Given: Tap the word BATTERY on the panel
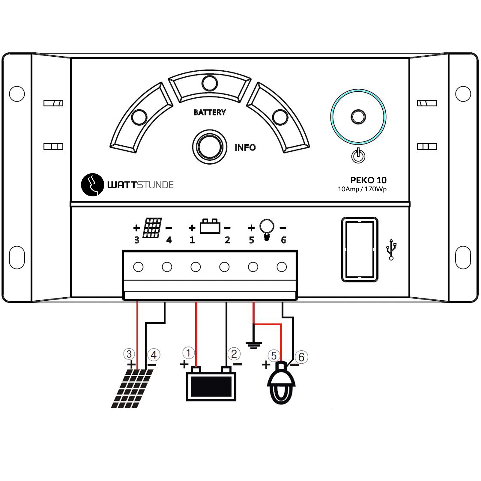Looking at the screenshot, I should [x=210, y=113].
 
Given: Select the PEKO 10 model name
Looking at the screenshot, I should [x=368, y=180].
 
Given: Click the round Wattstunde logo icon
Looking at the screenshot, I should [x=92, y=185].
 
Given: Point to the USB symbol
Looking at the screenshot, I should [x=391, y=249].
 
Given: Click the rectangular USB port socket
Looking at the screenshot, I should [x=360, y=249].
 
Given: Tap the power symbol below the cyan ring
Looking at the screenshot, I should [x=358, y=156].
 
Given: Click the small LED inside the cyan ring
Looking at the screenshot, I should [x=358, y=117].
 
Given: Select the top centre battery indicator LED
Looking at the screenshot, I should [x=210, y=83].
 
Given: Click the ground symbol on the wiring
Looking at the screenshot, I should [x=254, y=345].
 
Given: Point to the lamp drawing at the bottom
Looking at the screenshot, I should [x=281, y=382].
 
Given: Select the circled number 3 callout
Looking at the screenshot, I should [x=129, y=354].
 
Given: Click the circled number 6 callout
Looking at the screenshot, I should [x=301, y=357].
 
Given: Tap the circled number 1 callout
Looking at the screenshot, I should [x=188, y=353].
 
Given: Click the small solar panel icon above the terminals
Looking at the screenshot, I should [x=152, y=228].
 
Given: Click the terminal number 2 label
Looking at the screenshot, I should [x=227, y=240].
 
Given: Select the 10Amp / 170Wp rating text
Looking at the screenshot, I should [x=362, y=189].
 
